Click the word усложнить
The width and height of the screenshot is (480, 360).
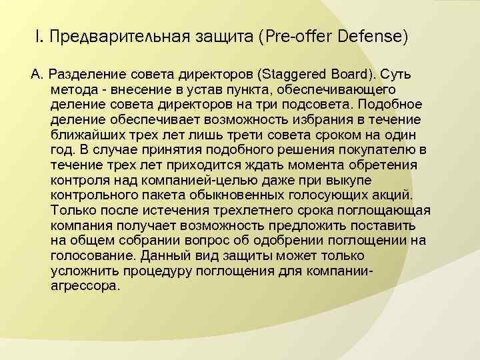[85, 271]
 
